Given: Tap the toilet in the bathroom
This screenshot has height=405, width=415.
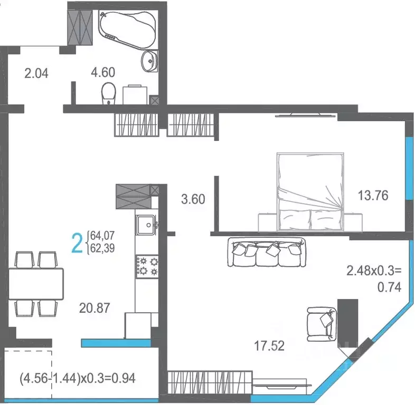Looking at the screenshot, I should [x=108, y=93].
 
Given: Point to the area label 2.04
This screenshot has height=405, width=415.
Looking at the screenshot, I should [x=36, y=73].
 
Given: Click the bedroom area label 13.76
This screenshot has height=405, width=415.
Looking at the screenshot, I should [x=373, y=196].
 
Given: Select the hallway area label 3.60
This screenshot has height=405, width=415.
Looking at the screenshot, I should [x=192, y=199].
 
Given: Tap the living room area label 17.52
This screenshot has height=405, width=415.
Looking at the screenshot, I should [x=269, y=346].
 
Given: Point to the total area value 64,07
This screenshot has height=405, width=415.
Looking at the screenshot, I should [x=103, y=234].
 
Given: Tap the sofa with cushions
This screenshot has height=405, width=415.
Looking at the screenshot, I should [x=267, y=252].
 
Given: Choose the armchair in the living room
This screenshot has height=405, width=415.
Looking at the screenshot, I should [x=321, y=323].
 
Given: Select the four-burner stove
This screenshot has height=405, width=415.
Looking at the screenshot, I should [x=147, y=266].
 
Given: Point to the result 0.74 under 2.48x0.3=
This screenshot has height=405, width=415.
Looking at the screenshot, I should [x=390, y=287].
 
